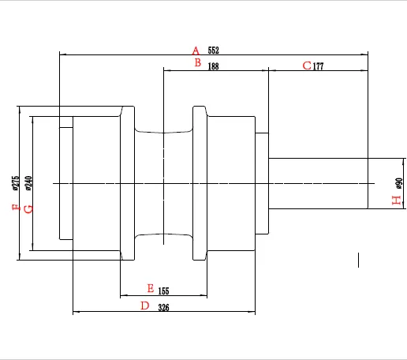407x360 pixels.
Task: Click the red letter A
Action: (x=196, y=51)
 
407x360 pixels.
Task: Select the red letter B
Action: (x=197, y=63)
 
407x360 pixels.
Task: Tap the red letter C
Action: (x=308, y=66)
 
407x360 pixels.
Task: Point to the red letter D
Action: (x=144, y=306)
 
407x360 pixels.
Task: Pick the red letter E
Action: (x=151, y=288)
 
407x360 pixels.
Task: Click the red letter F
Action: (x=16, y=208)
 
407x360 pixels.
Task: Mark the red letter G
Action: (x=28, y=208)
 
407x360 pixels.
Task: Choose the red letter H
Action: (x=396, y=201)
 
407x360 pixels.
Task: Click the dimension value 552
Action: (x=213, y=51)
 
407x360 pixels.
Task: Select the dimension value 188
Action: (x=213, y=67)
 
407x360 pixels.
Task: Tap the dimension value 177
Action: (x=319, y=67)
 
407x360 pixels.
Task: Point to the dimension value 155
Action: (x=164, y=291)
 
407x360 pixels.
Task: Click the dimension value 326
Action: (x=163, y=308)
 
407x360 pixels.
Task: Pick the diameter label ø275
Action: (x=16, y=183)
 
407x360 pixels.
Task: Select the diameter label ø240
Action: (x=28, y=183)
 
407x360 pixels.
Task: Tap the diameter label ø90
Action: (x=398, y=183)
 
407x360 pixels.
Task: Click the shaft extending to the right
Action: (x=319, y=183)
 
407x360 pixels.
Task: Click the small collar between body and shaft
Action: (x=262, y=183)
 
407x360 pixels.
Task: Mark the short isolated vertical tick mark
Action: (x=359, y=260)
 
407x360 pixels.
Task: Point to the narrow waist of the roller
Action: (x=163, y=183)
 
